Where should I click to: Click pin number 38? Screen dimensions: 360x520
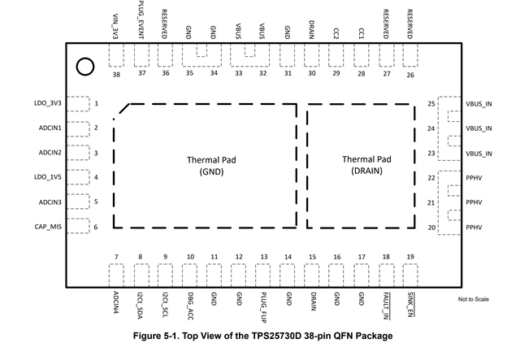tap(116, 74)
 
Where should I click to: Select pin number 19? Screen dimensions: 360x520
tap(410, 257)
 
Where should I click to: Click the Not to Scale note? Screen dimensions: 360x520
tap(476, 300)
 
